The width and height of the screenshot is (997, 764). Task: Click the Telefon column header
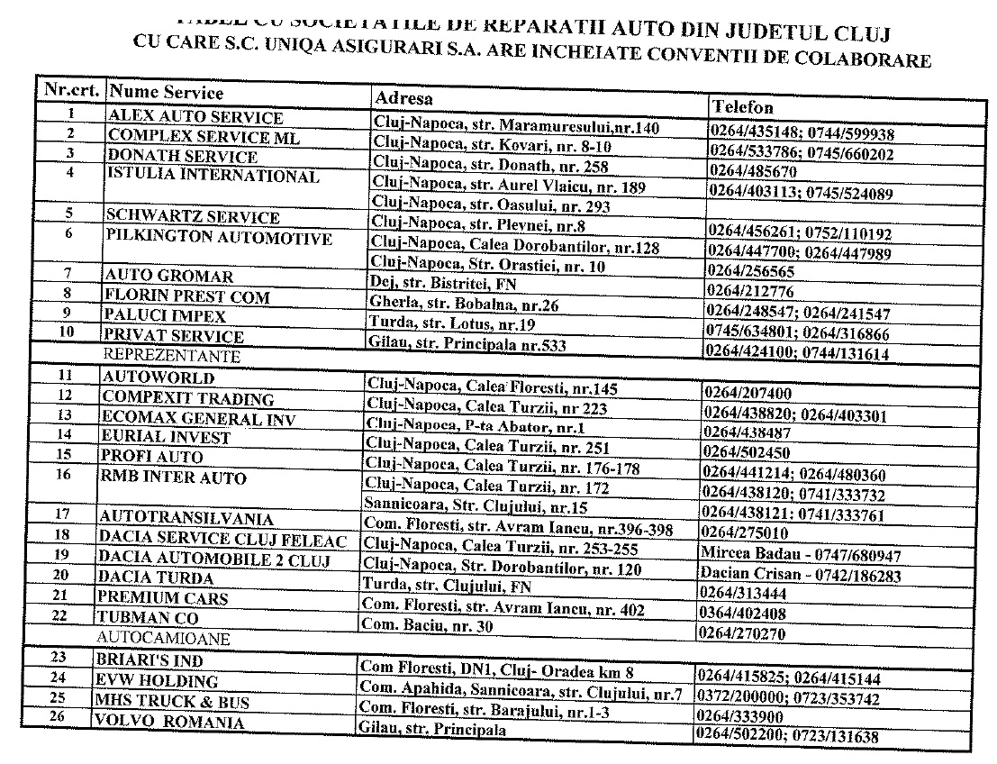click(x=742, y=106)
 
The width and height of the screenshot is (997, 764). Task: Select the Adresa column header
click(x=403, y=97)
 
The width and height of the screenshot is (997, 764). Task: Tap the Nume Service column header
click(x=166, y=92)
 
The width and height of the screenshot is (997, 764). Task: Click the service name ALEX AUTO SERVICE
click(x=195, y=117)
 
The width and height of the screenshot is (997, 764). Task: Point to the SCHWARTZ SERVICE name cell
click(x=193, y=216)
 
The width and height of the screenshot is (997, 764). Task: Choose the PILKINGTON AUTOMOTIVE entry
click(x=219, y=238)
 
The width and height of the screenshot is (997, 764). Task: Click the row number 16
click(x=63, y=473)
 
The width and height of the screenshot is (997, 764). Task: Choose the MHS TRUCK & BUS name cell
click(x=173, y=701)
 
